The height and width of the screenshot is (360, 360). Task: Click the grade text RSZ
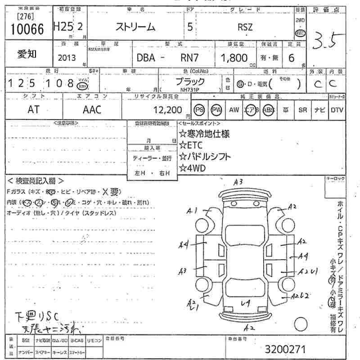[x=245, y=27]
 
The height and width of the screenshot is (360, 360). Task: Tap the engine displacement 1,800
[x=234, y=58]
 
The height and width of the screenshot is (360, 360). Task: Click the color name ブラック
[x=189, y=81]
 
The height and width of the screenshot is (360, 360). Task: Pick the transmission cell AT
[x=33, y=109]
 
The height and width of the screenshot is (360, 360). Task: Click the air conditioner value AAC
[x=92, y=109]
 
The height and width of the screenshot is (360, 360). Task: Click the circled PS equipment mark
[x=199, y=109]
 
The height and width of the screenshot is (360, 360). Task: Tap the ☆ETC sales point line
[x=192, y=145]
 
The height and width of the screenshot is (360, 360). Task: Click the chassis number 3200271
[x=286, y=349]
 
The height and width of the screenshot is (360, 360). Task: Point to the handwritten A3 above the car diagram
[x=238, y=182]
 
